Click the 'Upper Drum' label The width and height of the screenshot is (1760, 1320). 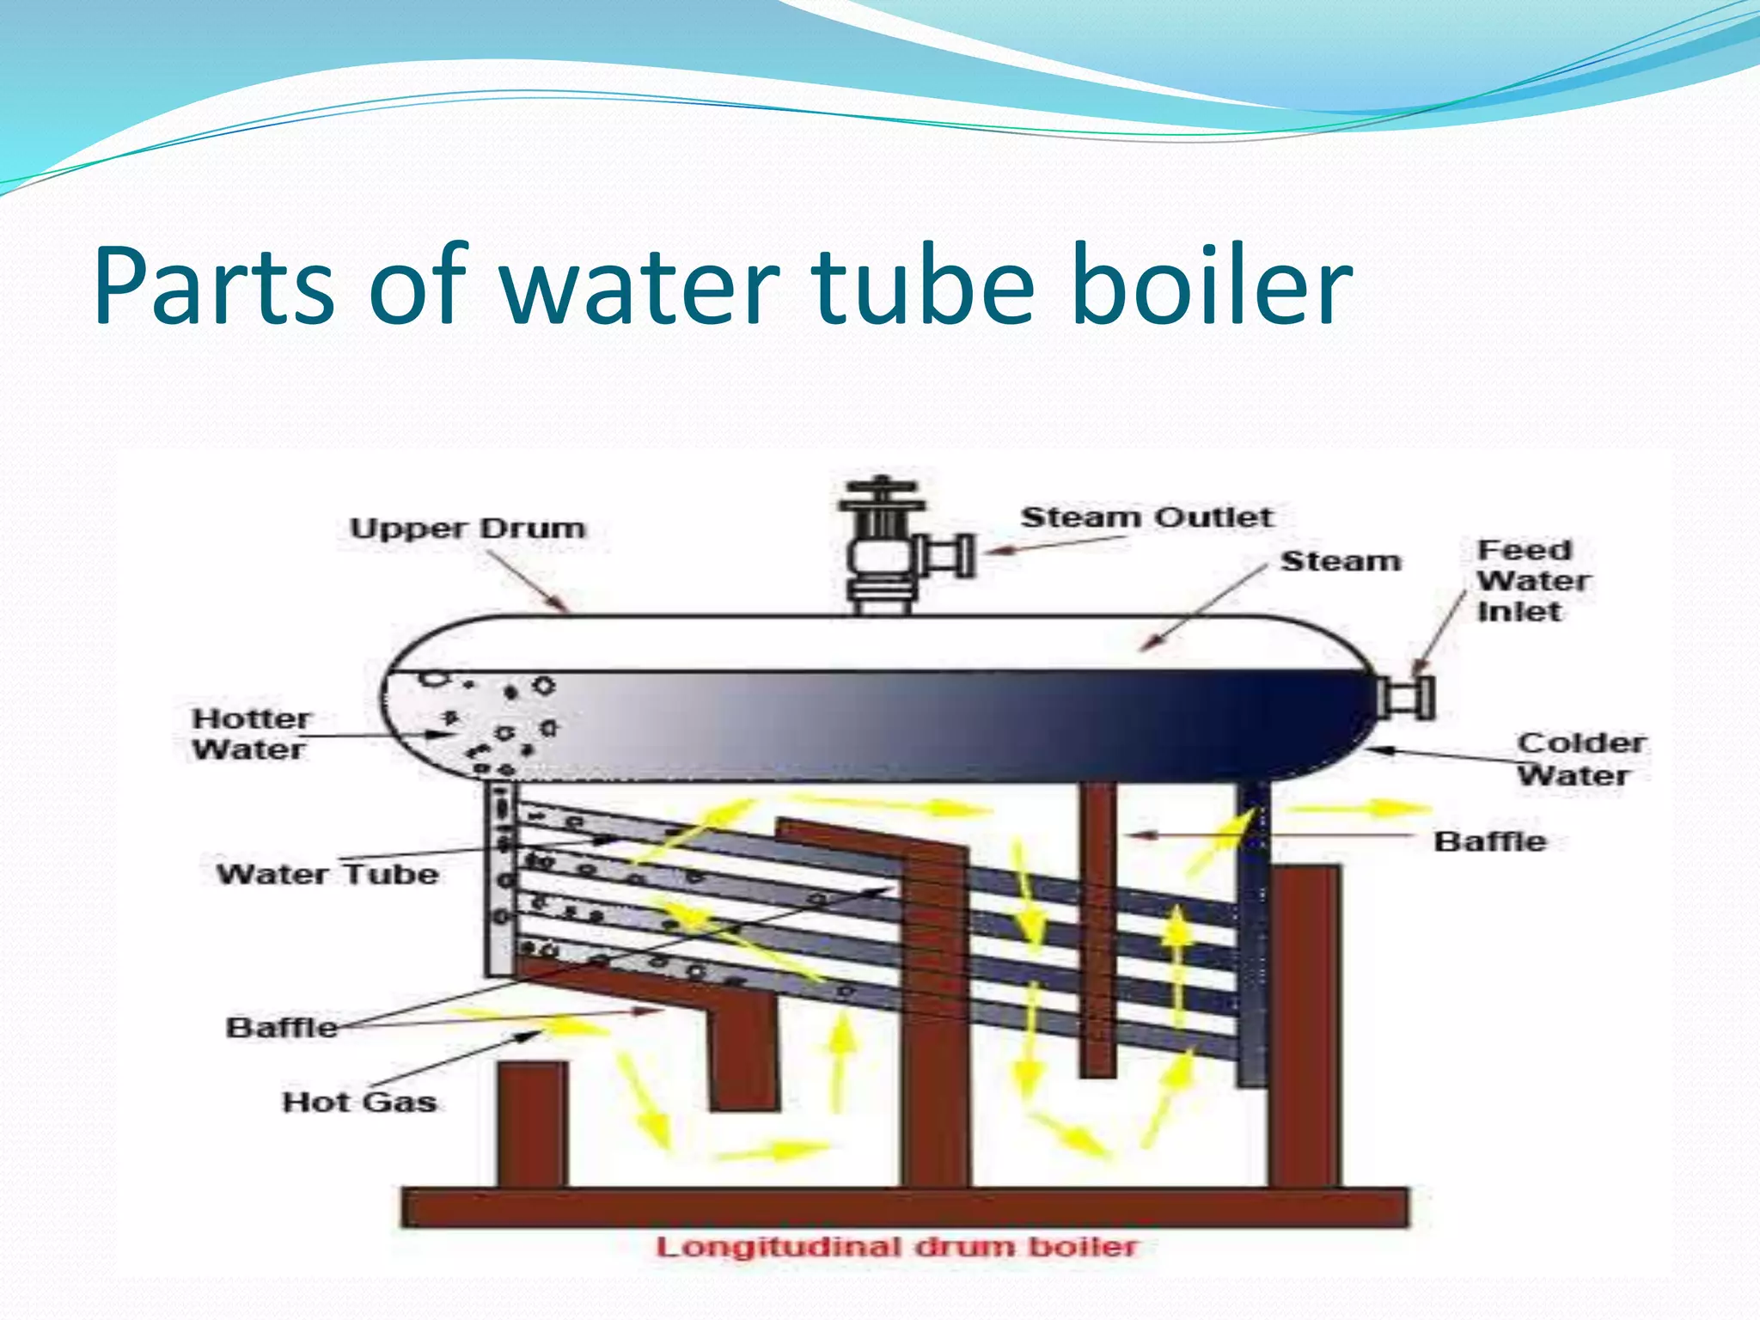pos(467,528)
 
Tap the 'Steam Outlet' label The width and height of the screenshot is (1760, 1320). pos(1146,517)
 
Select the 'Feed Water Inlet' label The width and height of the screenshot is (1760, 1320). pos(1533,581)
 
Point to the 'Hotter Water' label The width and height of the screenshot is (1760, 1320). pos(250,734)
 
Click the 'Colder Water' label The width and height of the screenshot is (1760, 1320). pos(1580,759)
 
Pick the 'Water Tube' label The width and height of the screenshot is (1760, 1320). pos(327,874)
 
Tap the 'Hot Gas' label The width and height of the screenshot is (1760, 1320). pos(359,1102)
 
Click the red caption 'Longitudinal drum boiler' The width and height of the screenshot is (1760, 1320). pos(896,1247)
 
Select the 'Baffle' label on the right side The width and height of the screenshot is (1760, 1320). pos(1489,840)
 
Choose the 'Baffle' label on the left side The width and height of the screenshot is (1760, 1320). pos(282,1027)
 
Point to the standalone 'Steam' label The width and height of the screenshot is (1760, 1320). pos(1341,561)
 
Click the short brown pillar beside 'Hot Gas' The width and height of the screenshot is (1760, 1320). pos(533,1124)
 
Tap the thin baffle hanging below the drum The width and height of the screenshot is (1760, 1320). pos(1097,928)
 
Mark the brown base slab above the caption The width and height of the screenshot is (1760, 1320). pos(905,1207)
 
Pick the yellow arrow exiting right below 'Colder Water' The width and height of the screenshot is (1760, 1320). pos(1360,809)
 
